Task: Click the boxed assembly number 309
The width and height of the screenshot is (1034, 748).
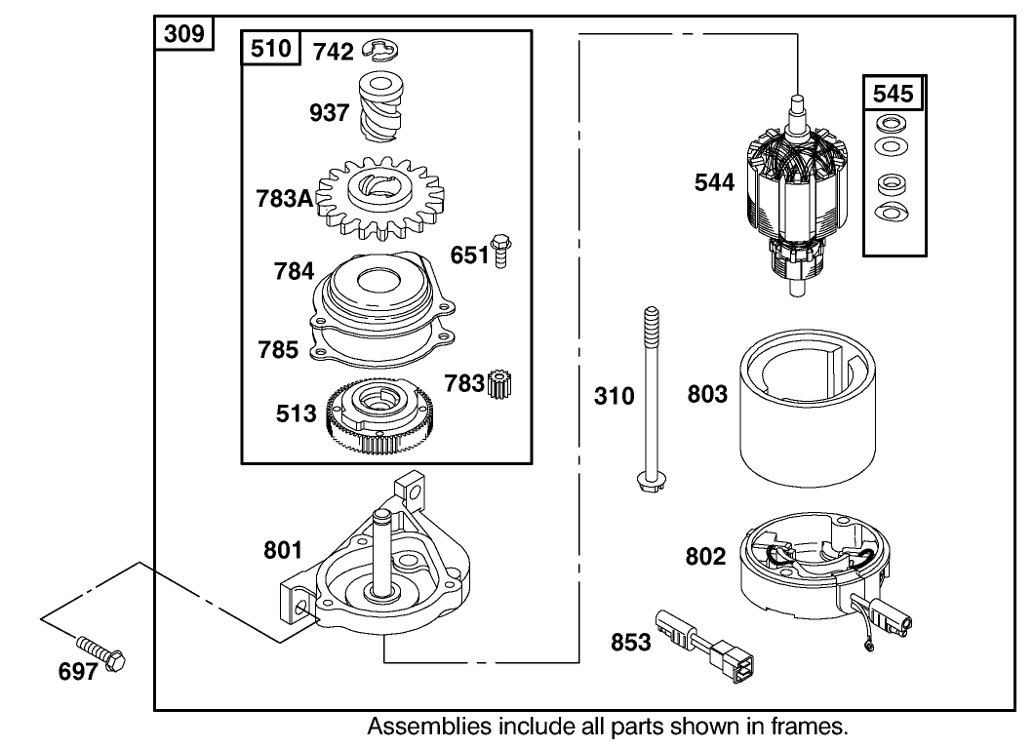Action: coord(184,34)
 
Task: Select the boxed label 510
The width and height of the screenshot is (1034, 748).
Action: coord(271,49)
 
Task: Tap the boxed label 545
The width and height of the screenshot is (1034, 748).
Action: coord(893,94)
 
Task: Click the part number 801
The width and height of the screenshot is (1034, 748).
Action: coord(283,551)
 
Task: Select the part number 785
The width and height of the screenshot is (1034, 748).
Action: coord(279,349)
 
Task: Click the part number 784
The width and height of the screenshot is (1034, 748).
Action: coord(294,272)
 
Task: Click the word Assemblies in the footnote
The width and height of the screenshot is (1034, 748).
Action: coord(421,727)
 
